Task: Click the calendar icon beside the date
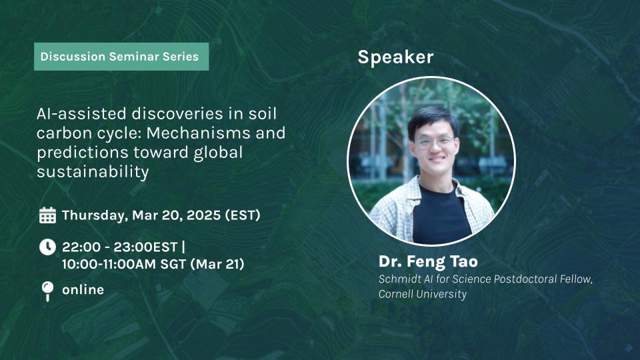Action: (x=47, y=215)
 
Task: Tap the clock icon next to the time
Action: (x=47, y=247)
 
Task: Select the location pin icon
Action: (x=47, y=291)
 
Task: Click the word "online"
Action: (x=83, y=290)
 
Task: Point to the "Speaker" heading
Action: (x=395, y=57)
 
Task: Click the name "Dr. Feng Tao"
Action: (x=428, y=261)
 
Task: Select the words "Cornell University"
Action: (x=423, y=294)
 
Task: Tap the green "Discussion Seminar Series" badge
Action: (x=121, y=57)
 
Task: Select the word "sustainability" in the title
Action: (x=93, y=172)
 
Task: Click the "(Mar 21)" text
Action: (x=217, y=264)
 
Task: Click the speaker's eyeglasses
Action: (x=434, y=142)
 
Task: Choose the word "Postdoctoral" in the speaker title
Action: (x=527, y=279)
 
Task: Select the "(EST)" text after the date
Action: (x=243, y=215)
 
